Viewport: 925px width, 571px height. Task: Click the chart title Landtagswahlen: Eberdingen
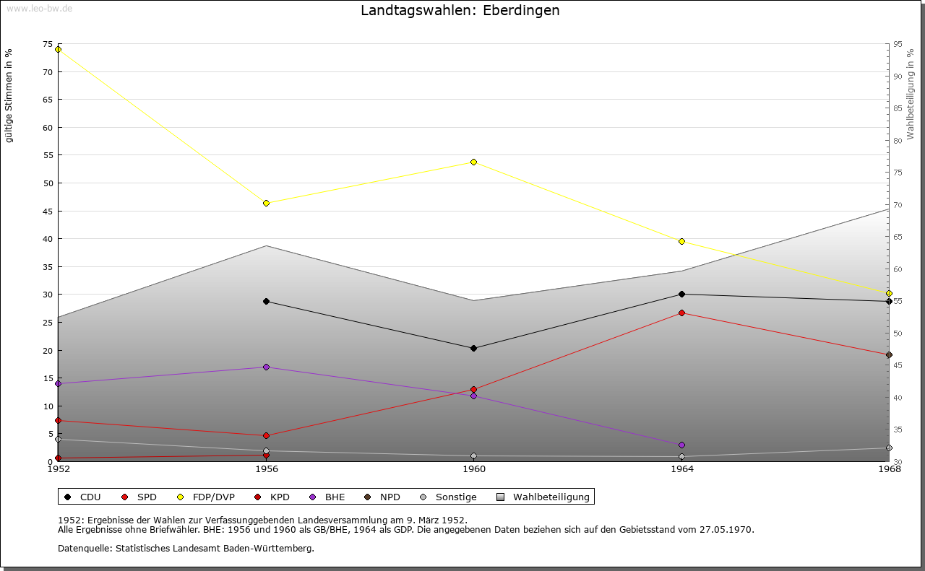460,10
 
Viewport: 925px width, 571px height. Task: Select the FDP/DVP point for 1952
59,50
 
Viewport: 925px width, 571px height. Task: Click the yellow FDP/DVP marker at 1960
473,162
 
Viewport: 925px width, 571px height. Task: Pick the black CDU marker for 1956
267,302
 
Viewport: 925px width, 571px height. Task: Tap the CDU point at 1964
681,295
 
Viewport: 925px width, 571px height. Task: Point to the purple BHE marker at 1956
267,367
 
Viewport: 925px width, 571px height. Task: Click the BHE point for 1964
681,445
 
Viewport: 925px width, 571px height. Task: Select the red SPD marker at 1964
681,313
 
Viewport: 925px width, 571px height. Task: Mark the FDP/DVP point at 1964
681,241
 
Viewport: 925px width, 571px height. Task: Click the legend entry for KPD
272,497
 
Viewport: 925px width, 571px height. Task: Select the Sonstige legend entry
448,497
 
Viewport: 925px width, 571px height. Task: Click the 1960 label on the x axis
474,469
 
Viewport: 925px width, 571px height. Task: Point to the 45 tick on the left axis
48,212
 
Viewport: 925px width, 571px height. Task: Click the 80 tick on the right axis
898,141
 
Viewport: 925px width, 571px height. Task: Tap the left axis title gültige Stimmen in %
9,96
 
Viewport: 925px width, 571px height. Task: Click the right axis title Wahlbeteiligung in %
911,95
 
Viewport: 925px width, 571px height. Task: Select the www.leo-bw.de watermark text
40,8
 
